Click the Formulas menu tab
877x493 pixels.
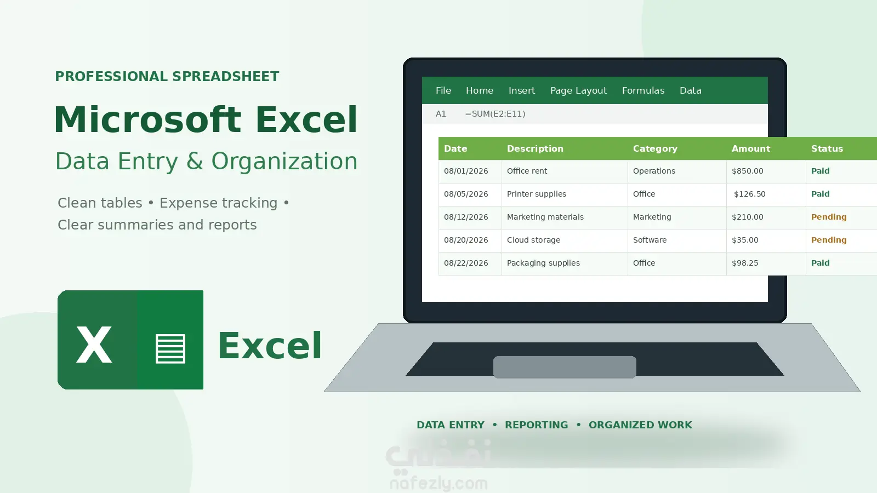click(x=643, y=90)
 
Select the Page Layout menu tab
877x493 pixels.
click(x=578, y=91)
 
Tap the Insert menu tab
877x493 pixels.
click(x=521, y=90)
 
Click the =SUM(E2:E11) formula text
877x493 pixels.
click(x=495, y=114)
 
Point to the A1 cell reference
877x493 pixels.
click(x=441, y=114)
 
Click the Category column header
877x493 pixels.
click(x=655, y=148)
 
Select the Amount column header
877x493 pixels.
click(x=750, y=148)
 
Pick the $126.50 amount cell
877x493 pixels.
click(x=749, y=194)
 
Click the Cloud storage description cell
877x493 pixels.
click(x=533, y=240)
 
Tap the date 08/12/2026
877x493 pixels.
click(x=466, y=217)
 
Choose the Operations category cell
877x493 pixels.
click(x=654, y=171)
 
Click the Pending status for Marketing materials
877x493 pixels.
click(x=828, y=217)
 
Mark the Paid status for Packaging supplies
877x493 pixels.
click(x=820, y=263)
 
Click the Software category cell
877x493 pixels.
click(x=650, y=240)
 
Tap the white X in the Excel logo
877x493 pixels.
click(x=94, y=345)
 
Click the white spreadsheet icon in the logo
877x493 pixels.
click(x=170, y=348)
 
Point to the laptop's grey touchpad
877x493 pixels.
click(x=565, y=367)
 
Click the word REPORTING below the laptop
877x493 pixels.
click(x=536, y=425)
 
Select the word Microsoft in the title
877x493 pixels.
click(x=147, y=119)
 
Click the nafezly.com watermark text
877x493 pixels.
click(x=438, y=484)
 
